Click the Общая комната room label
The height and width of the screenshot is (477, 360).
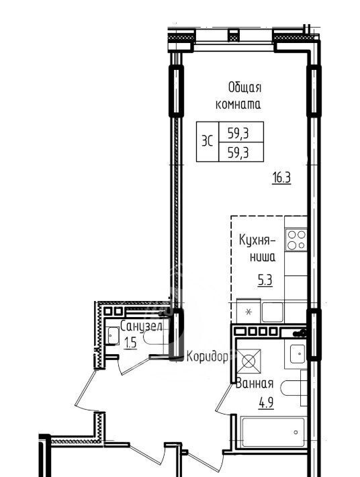(x=238, y=96)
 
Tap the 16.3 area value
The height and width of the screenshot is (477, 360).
(x=281, y=178)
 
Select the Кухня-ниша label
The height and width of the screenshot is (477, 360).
(x=257, y=248)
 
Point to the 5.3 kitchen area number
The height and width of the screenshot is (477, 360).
(x=265, y=280)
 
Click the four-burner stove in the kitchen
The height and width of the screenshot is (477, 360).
(x=296, y=240)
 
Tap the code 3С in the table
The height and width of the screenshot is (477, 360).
(x=208, y=142)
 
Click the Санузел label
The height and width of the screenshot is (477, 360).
(x=141, y=327)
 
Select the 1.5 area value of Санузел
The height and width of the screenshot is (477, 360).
(x=130, y=343)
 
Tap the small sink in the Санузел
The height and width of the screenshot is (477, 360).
(x=112, y=336)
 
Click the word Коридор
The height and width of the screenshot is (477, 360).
(x=208, y=356)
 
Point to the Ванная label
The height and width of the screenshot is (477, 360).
(x=255, y=383)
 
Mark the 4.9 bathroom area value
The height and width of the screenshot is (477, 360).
(x=266, y=403)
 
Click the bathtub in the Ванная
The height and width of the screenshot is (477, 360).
(x=273, y=432)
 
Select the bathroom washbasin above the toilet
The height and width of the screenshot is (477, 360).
(x=298, y=354)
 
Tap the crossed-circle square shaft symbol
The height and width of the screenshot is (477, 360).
(x=249, y=361)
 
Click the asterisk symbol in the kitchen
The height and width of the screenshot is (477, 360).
(x=249, y=312)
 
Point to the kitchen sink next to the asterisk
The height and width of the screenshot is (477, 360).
(x=273, y=312)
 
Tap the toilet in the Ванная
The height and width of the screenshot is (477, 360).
(x=294, y=388)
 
